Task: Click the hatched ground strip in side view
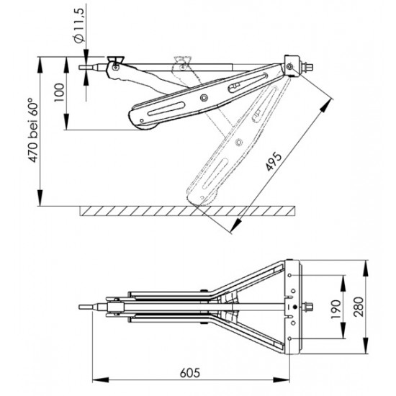tap(187, 210)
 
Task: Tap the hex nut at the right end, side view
tap(307, 69)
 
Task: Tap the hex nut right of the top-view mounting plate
tap(310, 307)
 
